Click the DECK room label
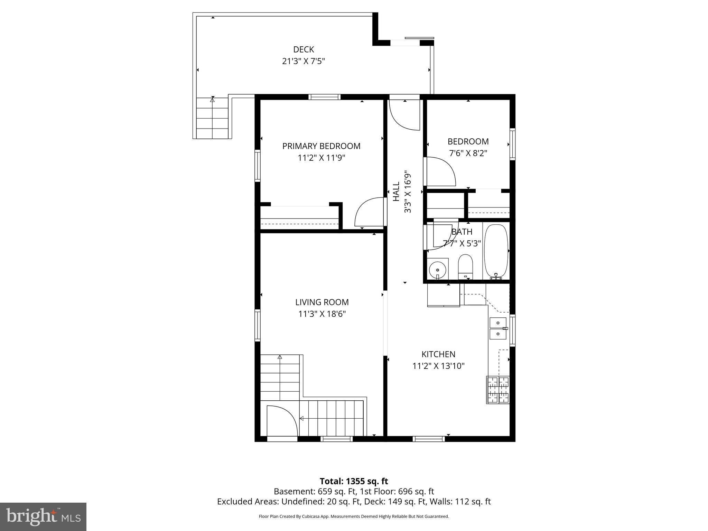[303, 49]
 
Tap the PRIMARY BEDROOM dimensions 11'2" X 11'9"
[322, 158]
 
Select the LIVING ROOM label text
[322, 302]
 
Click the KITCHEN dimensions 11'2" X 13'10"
[438, 366]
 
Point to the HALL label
[396, 192]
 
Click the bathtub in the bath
[496, 251]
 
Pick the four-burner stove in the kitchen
[498, 390]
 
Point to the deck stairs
[212, 118]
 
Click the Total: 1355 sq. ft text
[354, 481]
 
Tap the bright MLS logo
[43, 516]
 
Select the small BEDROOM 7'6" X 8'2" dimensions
[468, 153]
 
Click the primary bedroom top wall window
[324, 97]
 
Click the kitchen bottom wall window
[429, 439]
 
